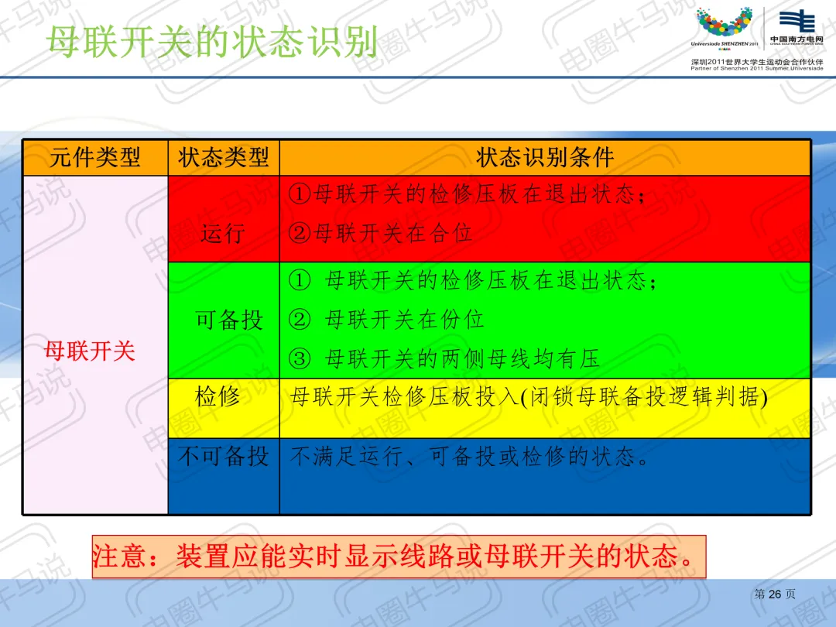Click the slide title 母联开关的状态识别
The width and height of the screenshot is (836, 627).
pyautogui.click(x=211, y=41)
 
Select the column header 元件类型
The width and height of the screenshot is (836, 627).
pyautogui.click(x=95, y=157)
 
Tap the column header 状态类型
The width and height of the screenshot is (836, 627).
pyautogui.click(x=224, y=157)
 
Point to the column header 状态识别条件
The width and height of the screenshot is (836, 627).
pyautogui.click(x=545, y=157)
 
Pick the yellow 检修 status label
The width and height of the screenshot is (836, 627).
pyautogui.click(x=218, y=396)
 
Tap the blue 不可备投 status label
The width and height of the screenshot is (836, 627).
pyautogui.click(x=224, y=457)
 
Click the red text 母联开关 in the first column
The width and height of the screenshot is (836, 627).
pyautogui.click(x=90, y=351)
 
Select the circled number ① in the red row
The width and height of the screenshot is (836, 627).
pyautogui.click(x=300, y=194)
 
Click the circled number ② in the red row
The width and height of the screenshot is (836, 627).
pyautogui.click(x=300, y=232)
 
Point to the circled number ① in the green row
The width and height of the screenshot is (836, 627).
pyautogui.click(x=300, y=280)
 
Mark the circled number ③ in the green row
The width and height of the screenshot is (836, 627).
pyautogui.click(x=300, y=358)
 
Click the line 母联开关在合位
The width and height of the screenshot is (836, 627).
pyautogui.click(x=393, y=232)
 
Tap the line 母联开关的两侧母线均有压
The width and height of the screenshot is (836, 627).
pyautogui.click(x=462, y=358)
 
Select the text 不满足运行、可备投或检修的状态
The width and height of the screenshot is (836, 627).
pyautogui.click(x=469, y=457)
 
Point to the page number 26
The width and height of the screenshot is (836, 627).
pyautogui.click(x=775, y=594)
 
